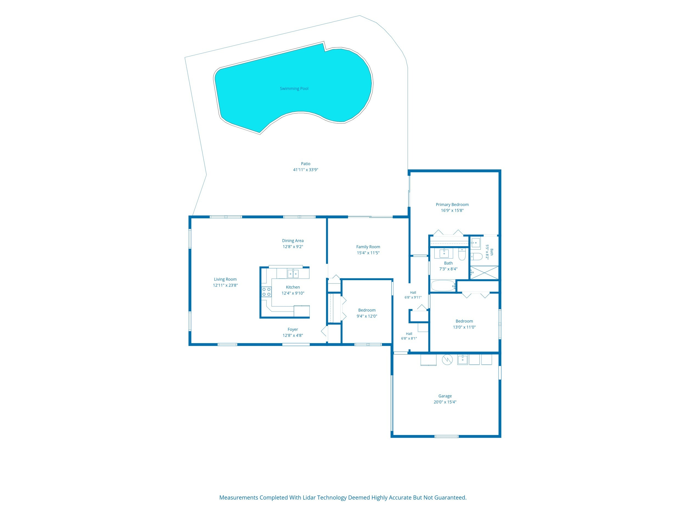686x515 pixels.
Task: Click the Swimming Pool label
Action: (x=294, y=89)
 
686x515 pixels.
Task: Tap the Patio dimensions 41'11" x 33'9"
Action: (x=305, y=170)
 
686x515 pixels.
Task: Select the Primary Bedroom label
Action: (x=452, y=205)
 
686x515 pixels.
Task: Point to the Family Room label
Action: (x=368, y=247)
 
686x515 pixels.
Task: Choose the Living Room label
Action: (x=225, y=279)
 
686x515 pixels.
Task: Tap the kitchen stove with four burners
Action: (x=266, y=292)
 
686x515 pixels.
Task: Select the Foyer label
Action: (x=293, y=329)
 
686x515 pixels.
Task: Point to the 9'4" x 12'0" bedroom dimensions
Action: (x=367, y=316)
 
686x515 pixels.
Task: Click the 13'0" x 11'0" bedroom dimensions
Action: (x=464, y=327)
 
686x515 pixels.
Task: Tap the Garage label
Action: (x=445, y=396)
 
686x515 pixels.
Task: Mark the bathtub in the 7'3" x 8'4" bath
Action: (x=443, y=286)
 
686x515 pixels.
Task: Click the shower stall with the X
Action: (x=484, y=272)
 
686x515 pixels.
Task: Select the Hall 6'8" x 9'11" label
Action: (x=413, y=295)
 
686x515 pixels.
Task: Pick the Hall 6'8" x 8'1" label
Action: (x=409, y=336)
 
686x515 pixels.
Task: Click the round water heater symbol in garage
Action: (x=447, y=360)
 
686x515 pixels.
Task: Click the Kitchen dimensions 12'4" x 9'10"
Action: (x=293, y=293)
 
